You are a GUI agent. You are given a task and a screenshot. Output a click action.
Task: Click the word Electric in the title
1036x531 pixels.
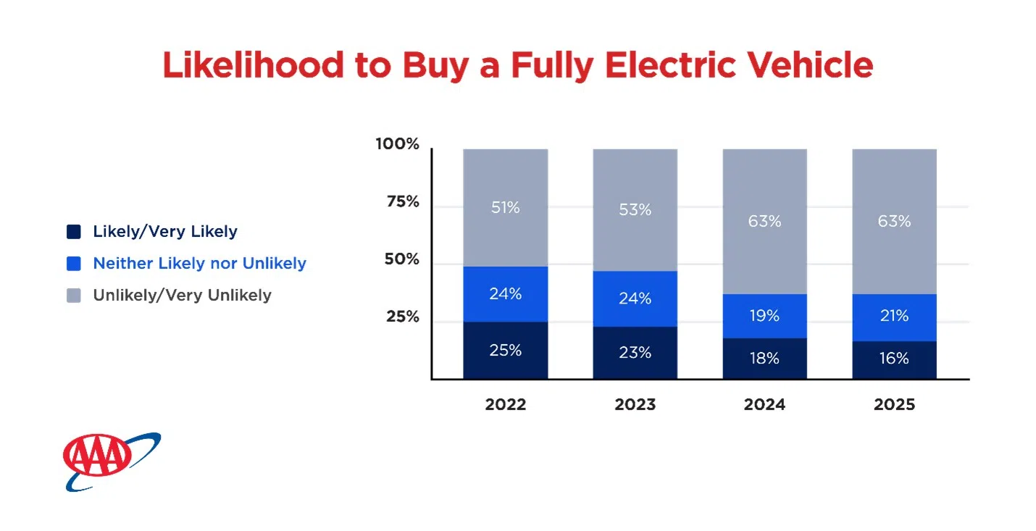coord(655,65)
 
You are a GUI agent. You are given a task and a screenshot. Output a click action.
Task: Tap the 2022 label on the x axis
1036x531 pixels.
coord(505,404)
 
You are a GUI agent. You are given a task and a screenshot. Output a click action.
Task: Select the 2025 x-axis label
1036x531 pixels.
coord(894,404)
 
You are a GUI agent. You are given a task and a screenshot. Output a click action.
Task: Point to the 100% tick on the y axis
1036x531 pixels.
coord(397,144)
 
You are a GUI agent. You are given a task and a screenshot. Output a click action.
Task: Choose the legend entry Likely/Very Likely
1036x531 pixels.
coord(164,232)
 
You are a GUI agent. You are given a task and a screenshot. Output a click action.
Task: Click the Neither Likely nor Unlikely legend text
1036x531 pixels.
coord(199,264)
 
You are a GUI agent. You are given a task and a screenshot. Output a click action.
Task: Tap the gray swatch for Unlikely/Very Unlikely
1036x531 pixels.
coord(74,296)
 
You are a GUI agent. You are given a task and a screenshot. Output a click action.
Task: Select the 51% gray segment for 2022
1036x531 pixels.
coord(505,208)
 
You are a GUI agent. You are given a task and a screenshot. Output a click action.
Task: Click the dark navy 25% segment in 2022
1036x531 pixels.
coord(505,350)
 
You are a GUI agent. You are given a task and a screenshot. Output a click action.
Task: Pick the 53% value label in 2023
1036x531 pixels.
coord(635,210)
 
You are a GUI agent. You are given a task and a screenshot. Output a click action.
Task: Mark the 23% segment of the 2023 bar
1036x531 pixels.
coord(635,353)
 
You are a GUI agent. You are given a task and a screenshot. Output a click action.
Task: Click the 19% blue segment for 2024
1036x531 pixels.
coord(764,316)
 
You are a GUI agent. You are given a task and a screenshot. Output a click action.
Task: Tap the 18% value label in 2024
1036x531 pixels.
coord(764,359)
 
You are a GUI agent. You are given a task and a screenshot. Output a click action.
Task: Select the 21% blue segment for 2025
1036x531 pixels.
coord(894,317)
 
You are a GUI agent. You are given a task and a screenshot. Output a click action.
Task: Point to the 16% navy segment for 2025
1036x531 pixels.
coord(894,359)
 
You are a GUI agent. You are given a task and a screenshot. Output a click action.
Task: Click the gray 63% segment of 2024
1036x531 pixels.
coord(764,221)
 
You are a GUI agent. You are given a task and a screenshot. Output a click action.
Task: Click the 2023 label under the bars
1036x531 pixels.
coord(635,404)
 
